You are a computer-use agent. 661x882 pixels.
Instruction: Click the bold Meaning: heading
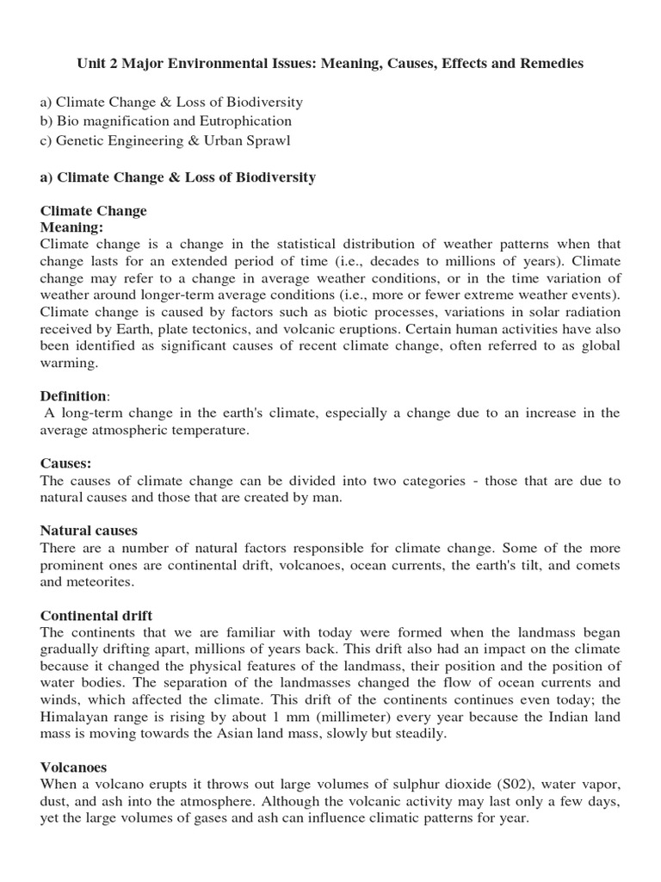72,227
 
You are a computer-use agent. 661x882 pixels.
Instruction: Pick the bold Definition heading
74,395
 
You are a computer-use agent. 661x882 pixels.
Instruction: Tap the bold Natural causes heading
90,531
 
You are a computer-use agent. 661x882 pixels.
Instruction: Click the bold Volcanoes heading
73,767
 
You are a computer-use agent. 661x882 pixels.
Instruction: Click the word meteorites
102,581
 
